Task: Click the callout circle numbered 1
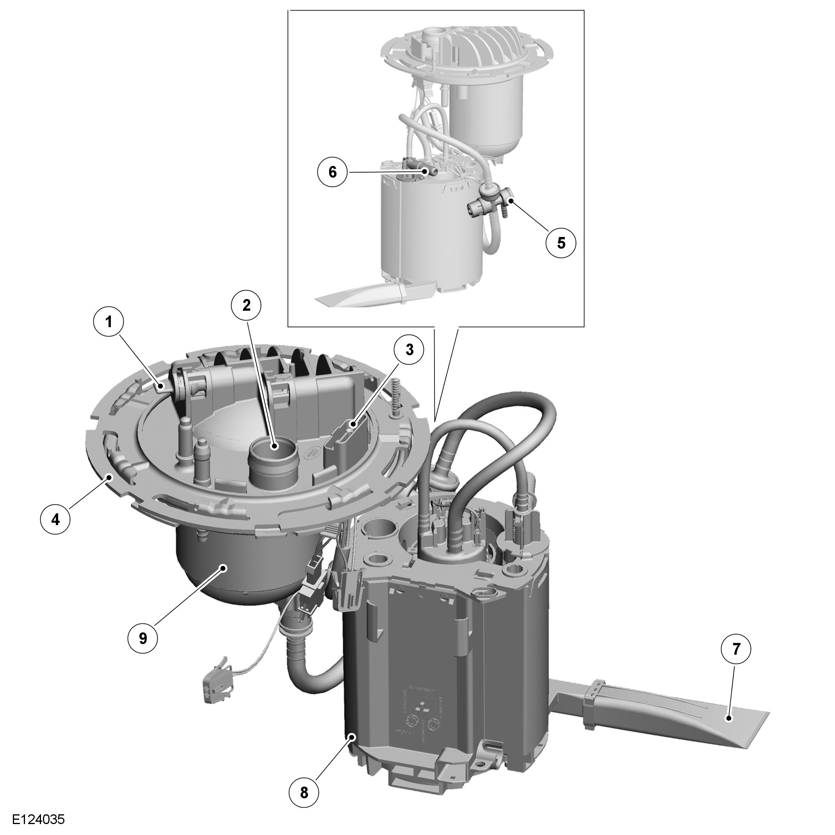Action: pos(109,322)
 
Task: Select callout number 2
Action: pos(246,305)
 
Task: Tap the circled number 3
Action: pos(409,350)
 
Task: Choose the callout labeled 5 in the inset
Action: pos(561,243)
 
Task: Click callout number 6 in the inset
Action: pos(332,172)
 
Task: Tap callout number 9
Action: pos(143,638)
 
